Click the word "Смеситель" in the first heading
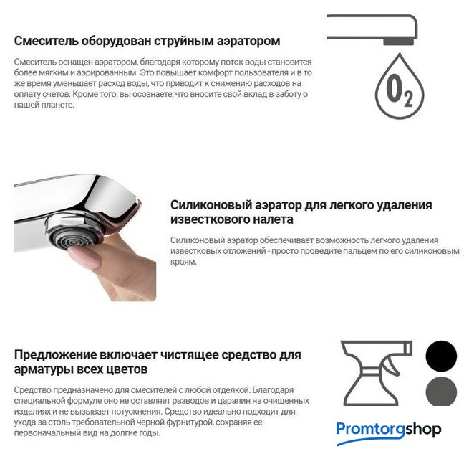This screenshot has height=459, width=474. click(x=46, y=41)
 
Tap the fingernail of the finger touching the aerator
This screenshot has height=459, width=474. click(x=85, y=257)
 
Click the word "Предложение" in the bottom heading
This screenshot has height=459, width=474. click(x=54, y=355)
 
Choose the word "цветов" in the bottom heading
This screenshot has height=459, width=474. click(x=125, y=369)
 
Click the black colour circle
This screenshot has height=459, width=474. click(x=441, y=356)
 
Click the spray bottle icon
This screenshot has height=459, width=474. click(x=376, y=373)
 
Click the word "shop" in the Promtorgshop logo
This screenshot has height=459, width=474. click(x=423, y=430)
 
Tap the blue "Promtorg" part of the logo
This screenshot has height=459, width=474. click(x=371, y=430)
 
